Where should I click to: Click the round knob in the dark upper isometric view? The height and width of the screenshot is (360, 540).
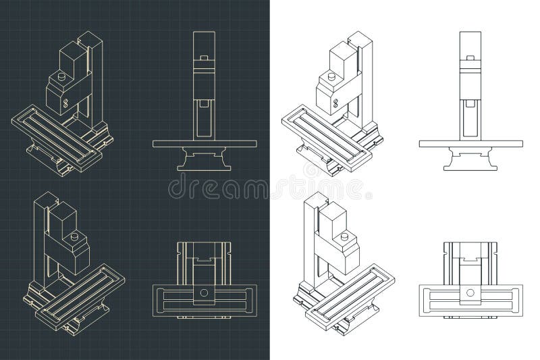(x=61, y=78)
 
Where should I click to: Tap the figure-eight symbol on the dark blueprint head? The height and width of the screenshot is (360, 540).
(x=65, y=103)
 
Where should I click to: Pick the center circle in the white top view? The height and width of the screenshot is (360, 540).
(x=470, y=292)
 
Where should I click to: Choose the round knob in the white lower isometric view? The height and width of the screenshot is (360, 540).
(x=346, y=237)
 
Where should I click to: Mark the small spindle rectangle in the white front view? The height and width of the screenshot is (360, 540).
(x=470, y=103)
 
